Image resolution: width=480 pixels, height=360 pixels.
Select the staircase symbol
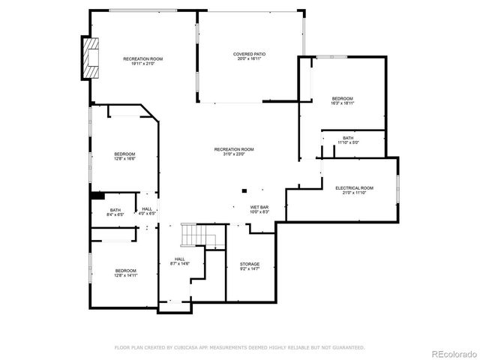[x=197, y=237]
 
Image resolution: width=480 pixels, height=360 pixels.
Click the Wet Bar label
[x=259, y=209]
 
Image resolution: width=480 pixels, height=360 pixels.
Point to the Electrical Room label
[x=354, y=188]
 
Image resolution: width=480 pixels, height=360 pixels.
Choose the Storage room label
[x=250, y=265]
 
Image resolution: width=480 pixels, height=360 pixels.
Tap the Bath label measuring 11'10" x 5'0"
[x=348, y=138]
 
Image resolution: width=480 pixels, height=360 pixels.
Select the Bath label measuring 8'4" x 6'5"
[x=115, y=211]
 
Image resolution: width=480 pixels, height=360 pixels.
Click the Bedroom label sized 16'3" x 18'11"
[x=343, y=99]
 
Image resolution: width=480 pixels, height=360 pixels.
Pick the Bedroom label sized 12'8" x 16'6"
[x=125, y=154]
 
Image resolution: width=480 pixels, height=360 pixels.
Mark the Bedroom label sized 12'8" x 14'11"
[x=125, y=271]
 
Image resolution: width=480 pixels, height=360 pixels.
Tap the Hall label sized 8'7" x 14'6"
[x=180, y=259]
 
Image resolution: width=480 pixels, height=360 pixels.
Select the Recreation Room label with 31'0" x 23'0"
[x=234, y=150]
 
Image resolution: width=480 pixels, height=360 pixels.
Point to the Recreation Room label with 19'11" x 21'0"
[x=143, y=59]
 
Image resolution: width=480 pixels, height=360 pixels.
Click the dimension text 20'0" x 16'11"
[x=249, y=58]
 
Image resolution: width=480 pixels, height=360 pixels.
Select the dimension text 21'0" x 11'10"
[x=354, y=193]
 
